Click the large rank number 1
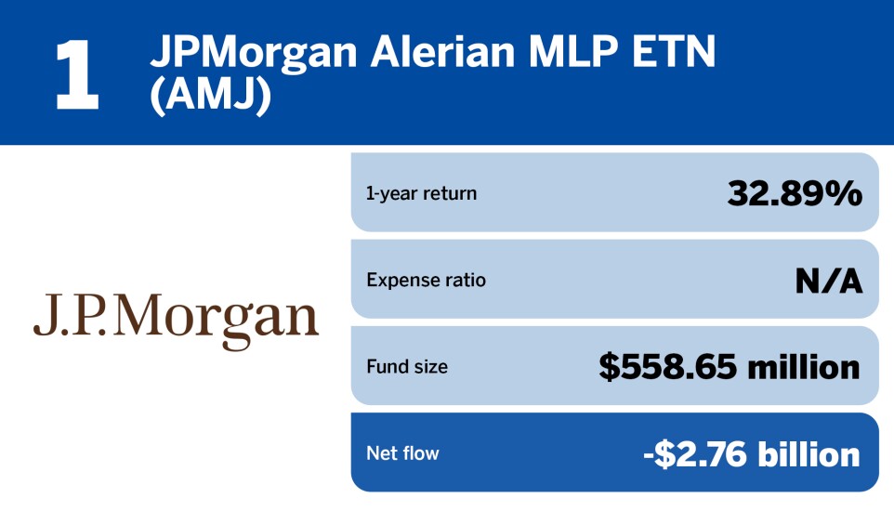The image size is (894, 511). (x=77, y=74)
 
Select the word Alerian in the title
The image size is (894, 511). (x=443, y=52)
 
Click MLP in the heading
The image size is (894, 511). (x=573, y=52)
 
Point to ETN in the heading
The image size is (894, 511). (x=674, y=52)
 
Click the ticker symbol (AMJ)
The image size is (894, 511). (x=210, y=96)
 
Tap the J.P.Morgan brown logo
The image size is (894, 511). (x=176, y=321)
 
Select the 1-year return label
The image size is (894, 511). (x=421, y=193)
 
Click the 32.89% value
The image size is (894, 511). (x=795, y=192)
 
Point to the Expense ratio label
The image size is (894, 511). (x=426, y=280)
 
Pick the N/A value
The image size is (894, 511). (x=828, y=280)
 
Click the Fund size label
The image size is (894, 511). (x=407, y=366)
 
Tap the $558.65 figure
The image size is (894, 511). (x=667, y=367)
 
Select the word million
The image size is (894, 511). (x=803, y=367)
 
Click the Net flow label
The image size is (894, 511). (x=402, y=452)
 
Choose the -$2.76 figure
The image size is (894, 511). (x=694, y=454)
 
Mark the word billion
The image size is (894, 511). (x=809, y=454)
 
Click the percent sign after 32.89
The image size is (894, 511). (x=843, y=192)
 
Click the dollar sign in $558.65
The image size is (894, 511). (x=609, y=367)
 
